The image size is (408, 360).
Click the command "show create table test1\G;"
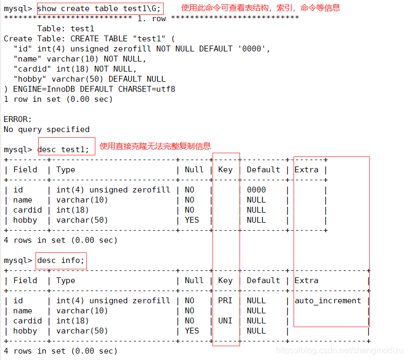click(x=99, y=8)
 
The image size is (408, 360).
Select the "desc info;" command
click(x=60, y=260)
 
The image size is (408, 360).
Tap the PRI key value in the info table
click(x=225, y=301)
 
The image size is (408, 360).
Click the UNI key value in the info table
click(x=225, y=321)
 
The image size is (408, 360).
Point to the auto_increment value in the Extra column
click(x=327, y=301)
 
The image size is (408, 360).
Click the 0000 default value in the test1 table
click(x=256, y=190)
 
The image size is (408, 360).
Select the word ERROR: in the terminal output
click(x=18, y=119)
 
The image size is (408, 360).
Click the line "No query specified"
click(x=47, y=129)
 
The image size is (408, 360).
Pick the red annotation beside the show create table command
click(x=260, y=8)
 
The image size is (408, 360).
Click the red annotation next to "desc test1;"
click(x=155, y=146)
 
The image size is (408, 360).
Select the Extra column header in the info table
click(x=306, y=280)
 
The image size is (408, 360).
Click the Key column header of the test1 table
click(x=225, y=170)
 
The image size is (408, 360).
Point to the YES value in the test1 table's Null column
click(x=192, y=220)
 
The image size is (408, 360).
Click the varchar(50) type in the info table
click(x=82, y=331)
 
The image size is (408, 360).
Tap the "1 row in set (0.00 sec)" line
click(x=58, y=99)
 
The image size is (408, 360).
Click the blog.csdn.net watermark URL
click(x=340, y=351)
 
